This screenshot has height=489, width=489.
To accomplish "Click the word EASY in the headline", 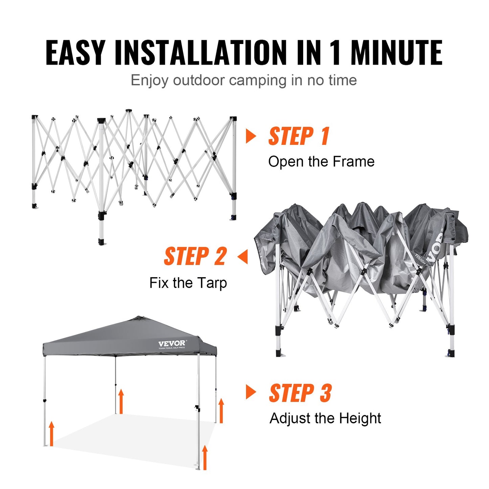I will tap(75, 52).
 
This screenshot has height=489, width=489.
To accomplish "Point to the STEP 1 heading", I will tap(299, 136).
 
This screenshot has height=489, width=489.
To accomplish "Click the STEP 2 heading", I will tap(195, 257).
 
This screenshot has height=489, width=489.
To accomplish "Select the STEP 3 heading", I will tap(300, 393).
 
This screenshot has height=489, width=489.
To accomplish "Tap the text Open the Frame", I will tap(321, 162).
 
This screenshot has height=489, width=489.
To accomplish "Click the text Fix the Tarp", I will tap(188, 283).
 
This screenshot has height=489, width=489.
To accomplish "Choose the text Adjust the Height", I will tap(325, 418).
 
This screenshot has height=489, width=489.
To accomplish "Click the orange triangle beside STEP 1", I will tap(250, 136).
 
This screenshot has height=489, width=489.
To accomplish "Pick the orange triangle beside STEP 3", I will tap(250, 392).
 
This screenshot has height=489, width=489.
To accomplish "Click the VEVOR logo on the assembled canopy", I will tap(172, 344).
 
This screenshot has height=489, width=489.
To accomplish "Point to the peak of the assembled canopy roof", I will tap(137, 318).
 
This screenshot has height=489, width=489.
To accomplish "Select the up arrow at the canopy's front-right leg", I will tap(204, 457).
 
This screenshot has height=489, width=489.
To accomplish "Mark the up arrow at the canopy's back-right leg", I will tap(221, 410).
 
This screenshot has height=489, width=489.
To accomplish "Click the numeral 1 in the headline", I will tap(335, 52).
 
